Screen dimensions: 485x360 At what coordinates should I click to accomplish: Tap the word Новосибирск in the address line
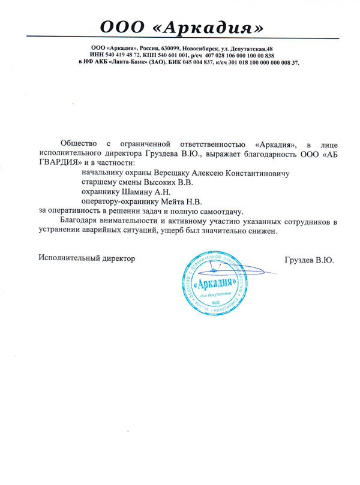[x=197, y=47]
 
